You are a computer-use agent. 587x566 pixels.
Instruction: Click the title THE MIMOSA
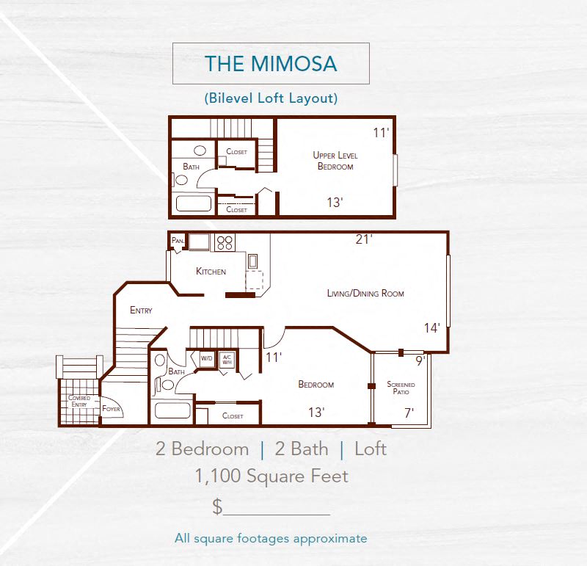click(x=271, y=63)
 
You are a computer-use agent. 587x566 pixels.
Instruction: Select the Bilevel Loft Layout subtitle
click(x=271, y=97)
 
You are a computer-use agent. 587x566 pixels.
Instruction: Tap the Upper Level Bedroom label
click(x=335, y=161)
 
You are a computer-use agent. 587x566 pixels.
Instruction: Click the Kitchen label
click(x=211, y=271)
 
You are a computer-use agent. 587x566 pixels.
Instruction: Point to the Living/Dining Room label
click(x=365, y=293)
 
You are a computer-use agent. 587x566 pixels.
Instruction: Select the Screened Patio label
click(x=401, y=388)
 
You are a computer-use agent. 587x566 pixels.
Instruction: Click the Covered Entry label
click(x=79, y=401)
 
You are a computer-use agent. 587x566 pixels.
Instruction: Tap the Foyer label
click(x=112, y=409)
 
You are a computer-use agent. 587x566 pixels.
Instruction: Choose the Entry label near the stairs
click(x=141, y=310)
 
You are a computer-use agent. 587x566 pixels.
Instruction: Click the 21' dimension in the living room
click(x=364, y=239)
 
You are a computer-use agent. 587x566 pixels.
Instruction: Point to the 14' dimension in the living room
click(x=431, y=328)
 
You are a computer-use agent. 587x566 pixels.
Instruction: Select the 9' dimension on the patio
click(x=420, y=360)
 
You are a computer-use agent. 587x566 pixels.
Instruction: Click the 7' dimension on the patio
click(x=409, y=413)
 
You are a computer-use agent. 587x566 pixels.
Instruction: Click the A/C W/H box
click(x=227, y=359)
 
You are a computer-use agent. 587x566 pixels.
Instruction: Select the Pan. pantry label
click(x=177, y=240)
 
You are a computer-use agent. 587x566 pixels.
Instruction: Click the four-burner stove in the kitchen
click(x=224, y=242)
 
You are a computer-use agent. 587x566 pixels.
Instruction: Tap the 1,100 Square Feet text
click(x=271, y=476)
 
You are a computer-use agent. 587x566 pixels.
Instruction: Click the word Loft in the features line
click(x=370, y=449)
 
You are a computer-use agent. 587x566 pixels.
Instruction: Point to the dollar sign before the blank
click(x=217, y=506)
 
